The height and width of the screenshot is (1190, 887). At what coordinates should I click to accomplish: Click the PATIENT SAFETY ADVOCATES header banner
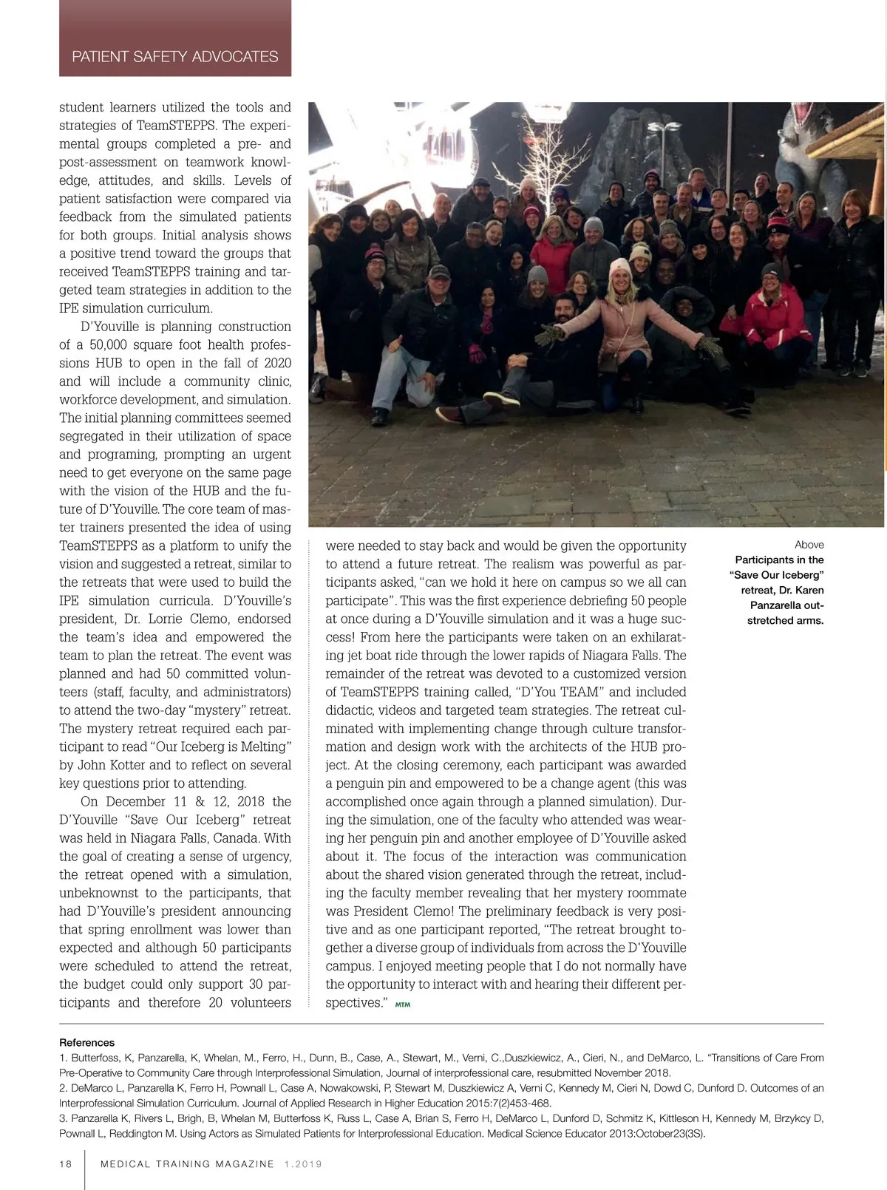pyautogui.click(x=175, y=56)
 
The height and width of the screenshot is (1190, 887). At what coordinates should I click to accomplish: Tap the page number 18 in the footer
pyautogui.click(x=66, y=1163)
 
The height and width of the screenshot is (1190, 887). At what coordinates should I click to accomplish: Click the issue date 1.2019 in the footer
pyautogui.click(x=303, y=1163)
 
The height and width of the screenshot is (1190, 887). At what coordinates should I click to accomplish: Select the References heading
pyautogui.click(x=86, y=1042)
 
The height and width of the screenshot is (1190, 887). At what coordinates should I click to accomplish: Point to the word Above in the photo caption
pyautogui.click(x=809, y=545)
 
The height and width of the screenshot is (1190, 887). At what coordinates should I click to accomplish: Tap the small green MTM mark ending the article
pyautogui.click(x=403, y=1005)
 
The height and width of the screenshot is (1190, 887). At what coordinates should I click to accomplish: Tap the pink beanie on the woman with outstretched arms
pyautogui.click(x=619, y=265)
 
